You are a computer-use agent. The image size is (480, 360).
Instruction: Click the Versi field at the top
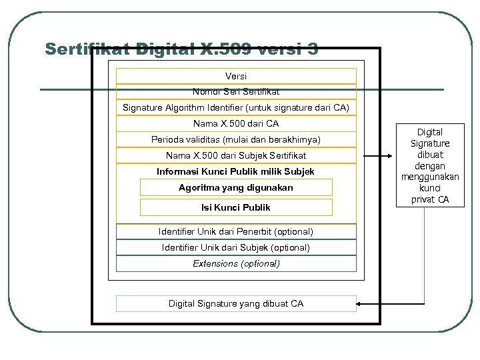pyautogui.click(x=236, y=76)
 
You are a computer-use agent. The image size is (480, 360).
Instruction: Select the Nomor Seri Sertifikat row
pyautogui.click(x=236, y=91)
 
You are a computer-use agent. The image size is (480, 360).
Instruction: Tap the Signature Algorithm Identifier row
pyautogui.click(x=236, y=107)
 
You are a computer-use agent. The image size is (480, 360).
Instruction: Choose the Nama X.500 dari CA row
pyautogui.click(x=236, y=123)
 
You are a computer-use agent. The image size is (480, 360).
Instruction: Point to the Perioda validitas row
pyautogui.click(x=236, y=139)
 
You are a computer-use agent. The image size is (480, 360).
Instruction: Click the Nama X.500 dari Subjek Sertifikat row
pyautogui.click(x=236, y=155)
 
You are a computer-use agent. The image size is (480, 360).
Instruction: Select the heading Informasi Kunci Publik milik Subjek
pyautogui.click(x=236, y=171)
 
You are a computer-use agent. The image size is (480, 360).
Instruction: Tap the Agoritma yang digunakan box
pyautogui.click(x=236, y=187)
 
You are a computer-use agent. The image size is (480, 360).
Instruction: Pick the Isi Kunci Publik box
pyautogui.click(x=236, y=207)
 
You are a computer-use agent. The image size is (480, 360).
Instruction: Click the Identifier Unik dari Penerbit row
pyautogui.click(x=236, y=231)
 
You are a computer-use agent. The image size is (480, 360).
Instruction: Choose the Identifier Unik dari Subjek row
pyautogui.click(x=236, y=247)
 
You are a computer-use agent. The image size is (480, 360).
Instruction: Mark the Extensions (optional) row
pyautogui.click(x=236, y=263)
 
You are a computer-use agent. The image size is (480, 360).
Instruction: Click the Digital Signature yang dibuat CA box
pyautogui.click(x=236, y=303)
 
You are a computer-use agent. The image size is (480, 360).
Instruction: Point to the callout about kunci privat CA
pyautogui.click(x=429, y=165)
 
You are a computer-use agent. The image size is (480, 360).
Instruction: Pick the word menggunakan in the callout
pyautogui.click(x=429, y=177)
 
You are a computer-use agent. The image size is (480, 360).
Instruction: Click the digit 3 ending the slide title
pyautogui.click(x=313, y=49)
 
